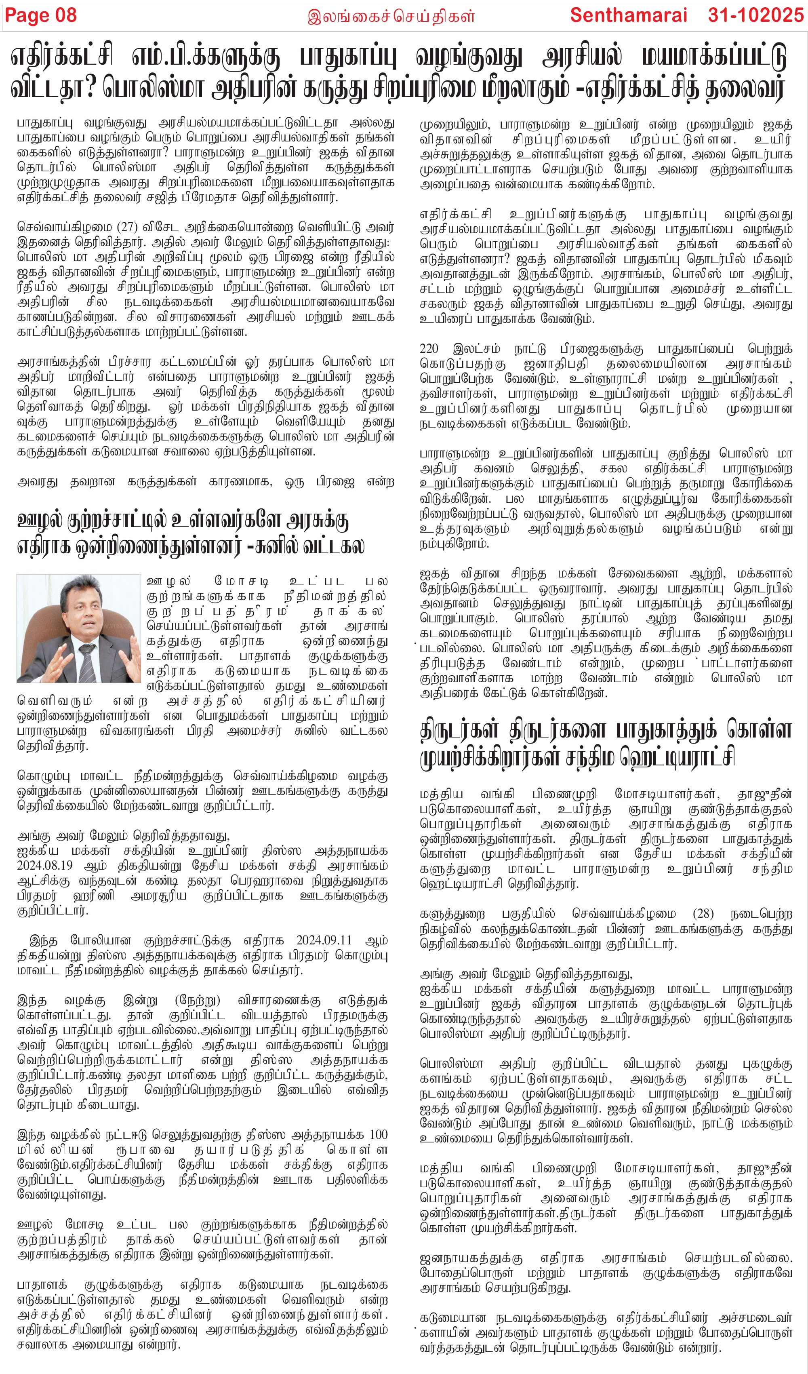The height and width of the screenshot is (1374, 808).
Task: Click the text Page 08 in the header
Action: click(x=41, y=15)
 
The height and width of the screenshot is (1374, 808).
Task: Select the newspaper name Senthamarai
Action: click(x=628, y=15)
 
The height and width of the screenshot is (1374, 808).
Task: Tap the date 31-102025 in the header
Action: click(x=755, y=15)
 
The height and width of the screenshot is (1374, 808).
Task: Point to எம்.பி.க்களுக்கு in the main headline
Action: click(x=206, y=57)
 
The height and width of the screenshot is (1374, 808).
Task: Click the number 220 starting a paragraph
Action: click(x=429, y=349)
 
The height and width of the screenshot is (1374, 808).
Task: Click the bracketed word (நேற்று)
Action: click(x=198, y=1001)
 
